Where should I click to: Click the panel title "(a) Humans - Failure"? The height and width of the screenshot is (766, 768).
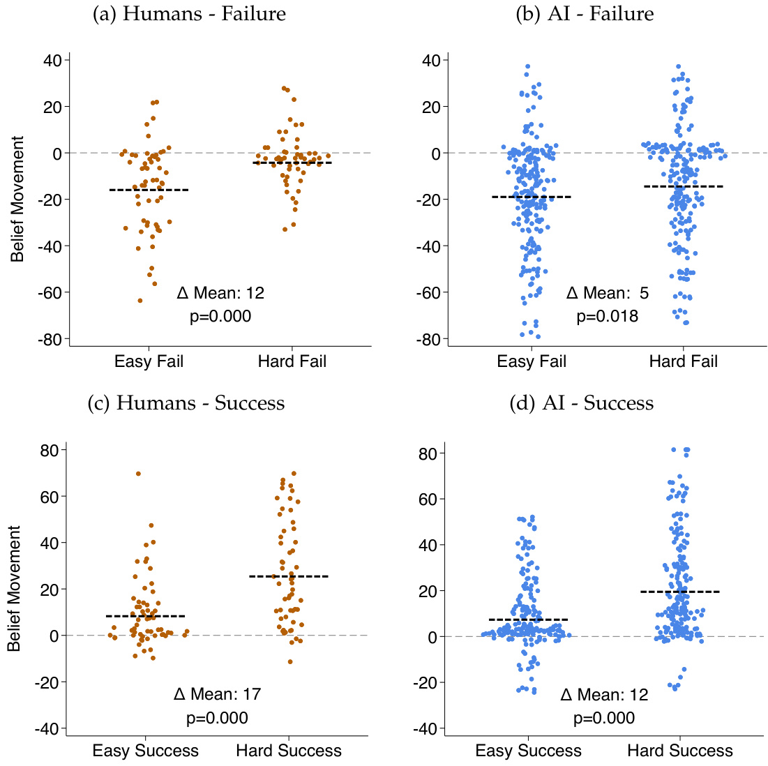pos(189,14)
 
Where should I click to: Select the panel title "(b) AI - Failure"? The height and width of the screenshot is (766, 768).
pos(584,14)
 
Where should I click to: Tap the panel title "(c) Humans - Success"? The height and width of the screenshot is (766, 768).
pos(186,403)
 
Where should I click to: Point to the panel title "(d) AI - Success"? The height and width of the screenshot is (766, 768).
pos(583,403)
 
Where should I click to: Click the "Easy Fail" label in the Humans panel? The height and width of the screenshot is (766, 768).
pos(149,361)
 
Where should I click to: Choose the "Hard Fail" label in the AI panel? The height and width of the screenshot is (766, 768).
pos(683,361)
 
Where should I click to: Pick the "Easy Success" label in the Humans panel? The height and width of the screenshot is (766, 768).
pos(145,751)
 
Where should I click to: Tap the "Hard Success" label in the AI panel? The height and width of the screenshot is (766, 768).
pos(680,751)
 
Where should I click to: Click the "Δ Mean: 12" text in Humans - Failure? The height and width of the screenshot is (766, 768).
pos(220,293)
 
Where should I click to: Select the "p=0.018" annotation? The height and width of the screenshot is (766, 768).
pos(607,317)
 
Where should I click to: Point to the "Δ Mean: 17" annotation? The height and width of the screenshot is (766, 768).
pos(217,694)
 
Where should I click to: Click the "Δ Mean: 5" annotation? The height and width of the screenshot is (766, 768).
pos(607,293)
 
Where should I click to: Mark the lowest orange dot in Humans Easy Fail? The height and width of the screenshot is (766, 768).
pos(140,301)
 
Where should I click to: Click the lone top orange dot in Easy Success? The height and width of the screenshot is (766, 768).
pos(138,474)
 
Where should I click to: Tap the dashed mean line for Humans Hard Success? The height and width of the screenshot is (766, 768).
pos(289,576)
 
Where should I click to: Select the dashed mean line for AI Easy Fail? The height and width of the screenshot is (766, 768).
pos(532,197)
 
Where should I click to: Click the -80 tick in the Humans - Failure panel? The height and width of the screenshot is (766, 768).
pos(53,339)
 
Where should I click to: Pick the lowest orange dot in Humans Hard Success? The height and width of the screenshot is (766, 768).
pos(290,661)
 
